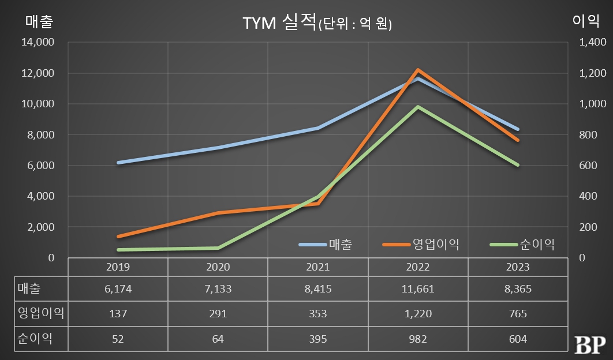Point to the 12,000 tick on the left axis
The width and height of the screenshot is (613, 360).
39,73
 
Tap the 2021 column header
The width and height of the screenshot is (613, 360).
317,267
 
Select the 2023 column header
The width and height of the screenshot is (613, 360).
518,267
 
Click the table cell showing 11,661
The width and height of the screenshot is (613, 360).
417,289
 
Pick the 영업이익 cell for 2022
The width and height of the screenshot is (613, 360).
417,314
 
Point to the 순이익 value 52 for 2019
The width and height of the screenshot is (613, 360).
118,339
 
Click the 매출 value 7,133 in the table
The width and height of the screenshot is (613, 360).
218,289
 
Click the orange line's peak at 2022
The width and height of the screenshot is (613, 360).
418,70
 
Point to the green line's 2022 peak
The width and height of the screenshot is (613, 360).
418,107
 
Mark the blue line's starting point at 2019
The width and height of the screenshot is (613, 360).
118,163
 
